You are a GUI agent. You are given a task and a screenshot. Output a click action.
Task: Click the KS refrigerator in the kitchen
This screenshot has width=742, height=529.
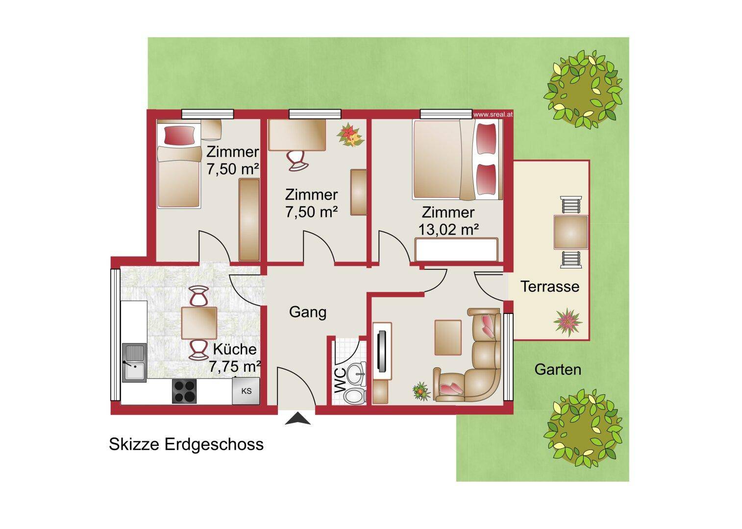(246, 391)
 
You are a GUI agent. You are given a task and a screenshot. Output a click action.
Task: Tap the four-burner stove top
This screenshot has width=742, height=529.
(184, 391)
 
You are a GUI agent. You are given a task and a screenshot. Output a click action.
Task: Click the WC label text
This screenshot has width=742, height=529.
(340, 381)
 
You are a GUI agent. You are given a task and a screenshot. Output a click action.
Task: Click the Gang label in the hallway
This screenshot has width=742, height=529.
(308, 312)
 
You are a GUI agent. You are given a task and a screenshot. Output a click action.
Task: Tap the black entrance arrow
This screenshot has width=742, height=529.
(298, 418)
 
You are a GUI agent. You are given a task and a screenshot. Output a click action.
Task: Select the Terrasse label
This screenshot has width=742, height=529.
(550, 287)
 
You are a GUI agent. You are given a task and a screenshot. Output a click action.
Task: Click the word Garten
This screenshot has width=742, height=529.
(558, 369)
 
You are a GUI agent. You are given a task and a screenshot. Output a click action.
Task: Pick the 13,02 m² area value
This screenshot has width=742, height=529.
(448, 229)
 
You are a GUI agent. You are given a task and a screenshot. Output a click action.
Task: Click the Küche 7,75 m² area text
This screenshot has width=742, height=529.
(235, 358)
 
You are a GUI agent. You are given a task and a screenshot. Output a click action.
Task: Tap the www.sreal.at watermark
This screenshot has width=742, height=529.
(493, 115)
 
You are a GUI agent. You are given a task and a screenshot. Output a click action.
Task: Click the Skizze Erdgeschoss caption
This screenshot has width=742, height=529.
(186, 444)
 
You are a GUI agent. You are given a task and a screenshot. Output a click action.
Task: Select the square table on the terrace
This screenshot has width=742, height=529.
(571, 232)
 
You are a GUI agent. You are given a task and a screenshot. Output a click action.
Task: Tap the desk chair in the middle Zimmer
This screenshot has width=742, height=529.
(297, 161)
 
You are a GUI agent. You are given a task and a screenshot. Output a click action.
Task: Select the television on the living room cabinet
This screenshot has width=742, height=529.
(383, 351)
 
